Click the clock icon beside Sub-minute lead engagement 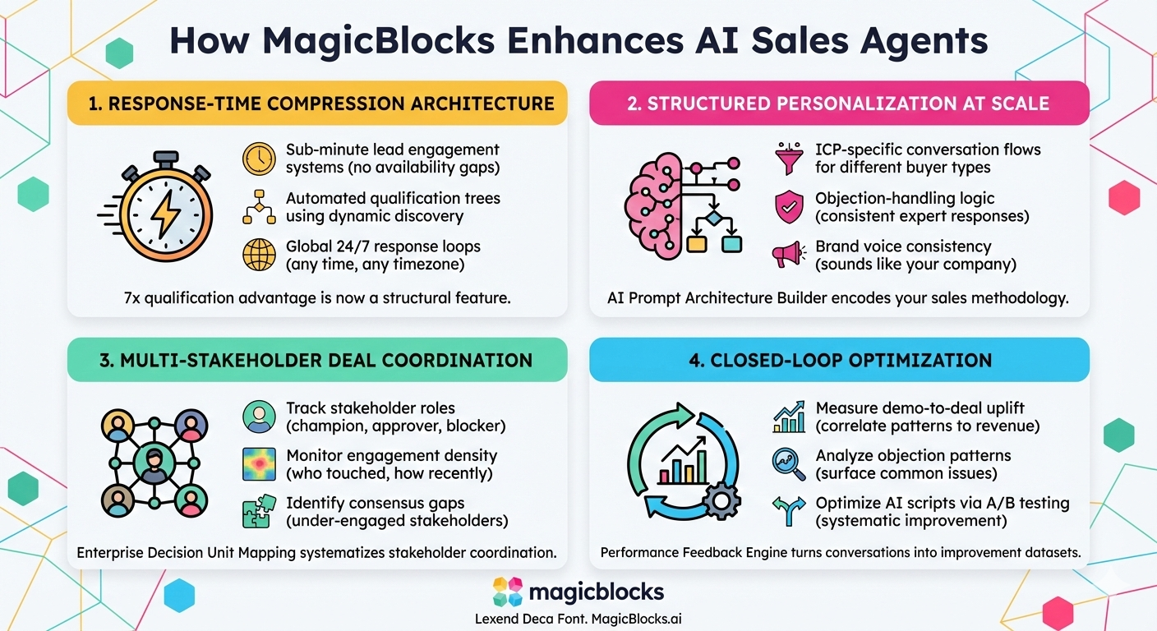point(259,159)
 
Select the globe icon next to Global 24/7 point(259,255)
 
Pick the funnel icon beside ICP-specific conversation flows point(789,159)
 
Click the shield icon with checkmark point(789,207)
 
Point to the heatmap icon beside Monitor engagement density point(259,464)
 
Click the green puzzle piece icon point(259,511)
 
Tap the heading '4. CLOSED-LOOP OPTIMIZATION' point(840,360)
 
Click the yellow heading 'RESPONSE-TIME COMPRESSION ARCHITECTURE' point(317,104)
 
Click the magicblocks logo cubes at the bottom point(508,592)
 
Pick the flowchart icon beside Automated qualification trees point(259,207)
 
